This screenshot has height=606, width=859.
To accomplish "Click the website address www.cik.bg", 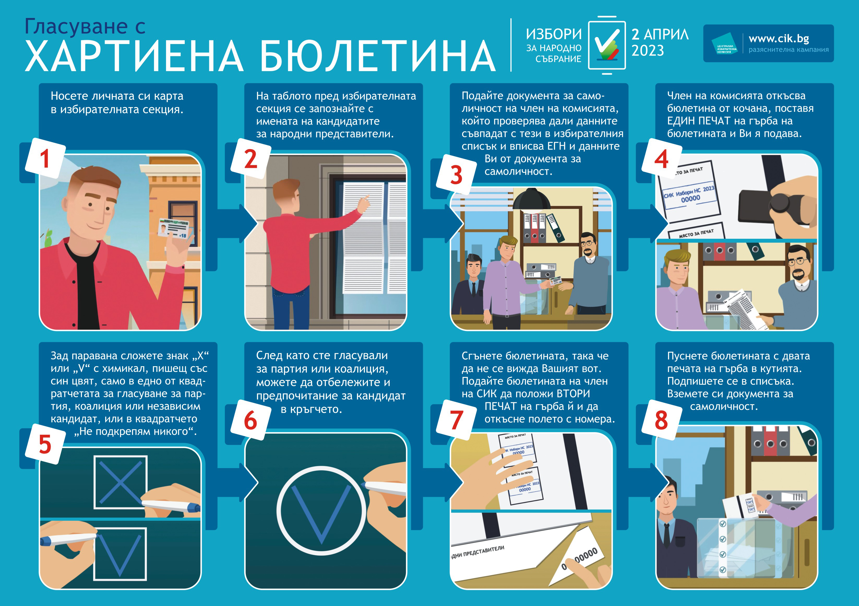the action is (x=779, y=39).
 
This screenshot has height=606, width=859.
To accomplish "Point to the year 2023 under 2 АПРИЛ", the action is (x=648, y=51).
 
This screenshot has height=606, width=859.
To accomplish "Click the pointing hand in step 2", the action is (x=364, y=204).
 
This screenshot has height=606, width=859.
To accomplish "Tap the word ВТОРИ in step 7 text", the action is (x=574, y=394).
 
